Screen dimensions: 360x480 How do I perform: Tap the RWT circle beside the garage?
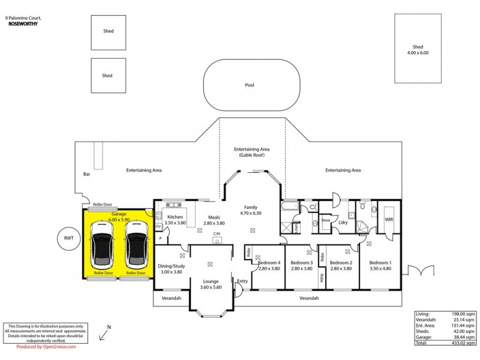(x=68, y=238)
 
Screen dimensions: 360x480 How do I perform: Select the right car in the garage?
(x=136, y=245)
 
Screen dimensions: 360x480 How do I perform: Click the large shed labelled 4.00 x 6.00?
(x=418, y=48)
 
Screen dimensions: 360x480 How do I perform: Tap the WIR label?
(x=388, y=220)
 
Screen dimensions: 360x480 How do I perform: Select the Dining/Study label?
(x=171, y=268)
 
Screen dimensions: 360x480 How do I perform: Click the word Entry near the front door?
(x=242, y=281)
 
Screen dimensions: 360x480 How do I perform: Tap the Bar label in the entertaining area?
(x=86, y=175)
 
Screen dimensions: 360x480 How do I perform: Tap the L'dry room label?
(x=343, y=223)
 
